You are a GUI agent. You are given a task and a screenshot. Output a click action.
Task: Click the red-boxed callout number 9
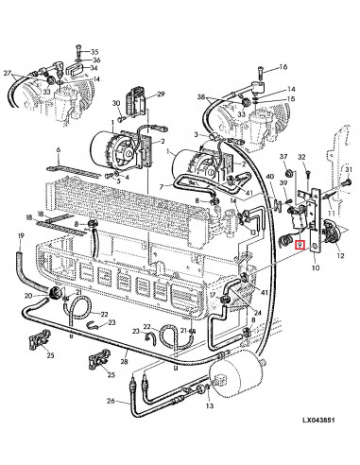coord(300,245)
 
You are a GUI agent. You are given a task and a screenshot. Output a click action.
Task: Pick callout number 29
coord(162,94)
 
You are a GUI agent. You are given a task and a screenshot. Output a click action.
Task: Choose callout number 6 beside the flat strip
coord(59,151)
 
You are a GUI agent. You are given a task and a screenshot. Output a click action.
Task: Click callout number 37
coord(283,156)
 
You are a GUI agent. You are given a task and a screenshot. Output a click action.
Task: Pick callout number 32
coord(302,156)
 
